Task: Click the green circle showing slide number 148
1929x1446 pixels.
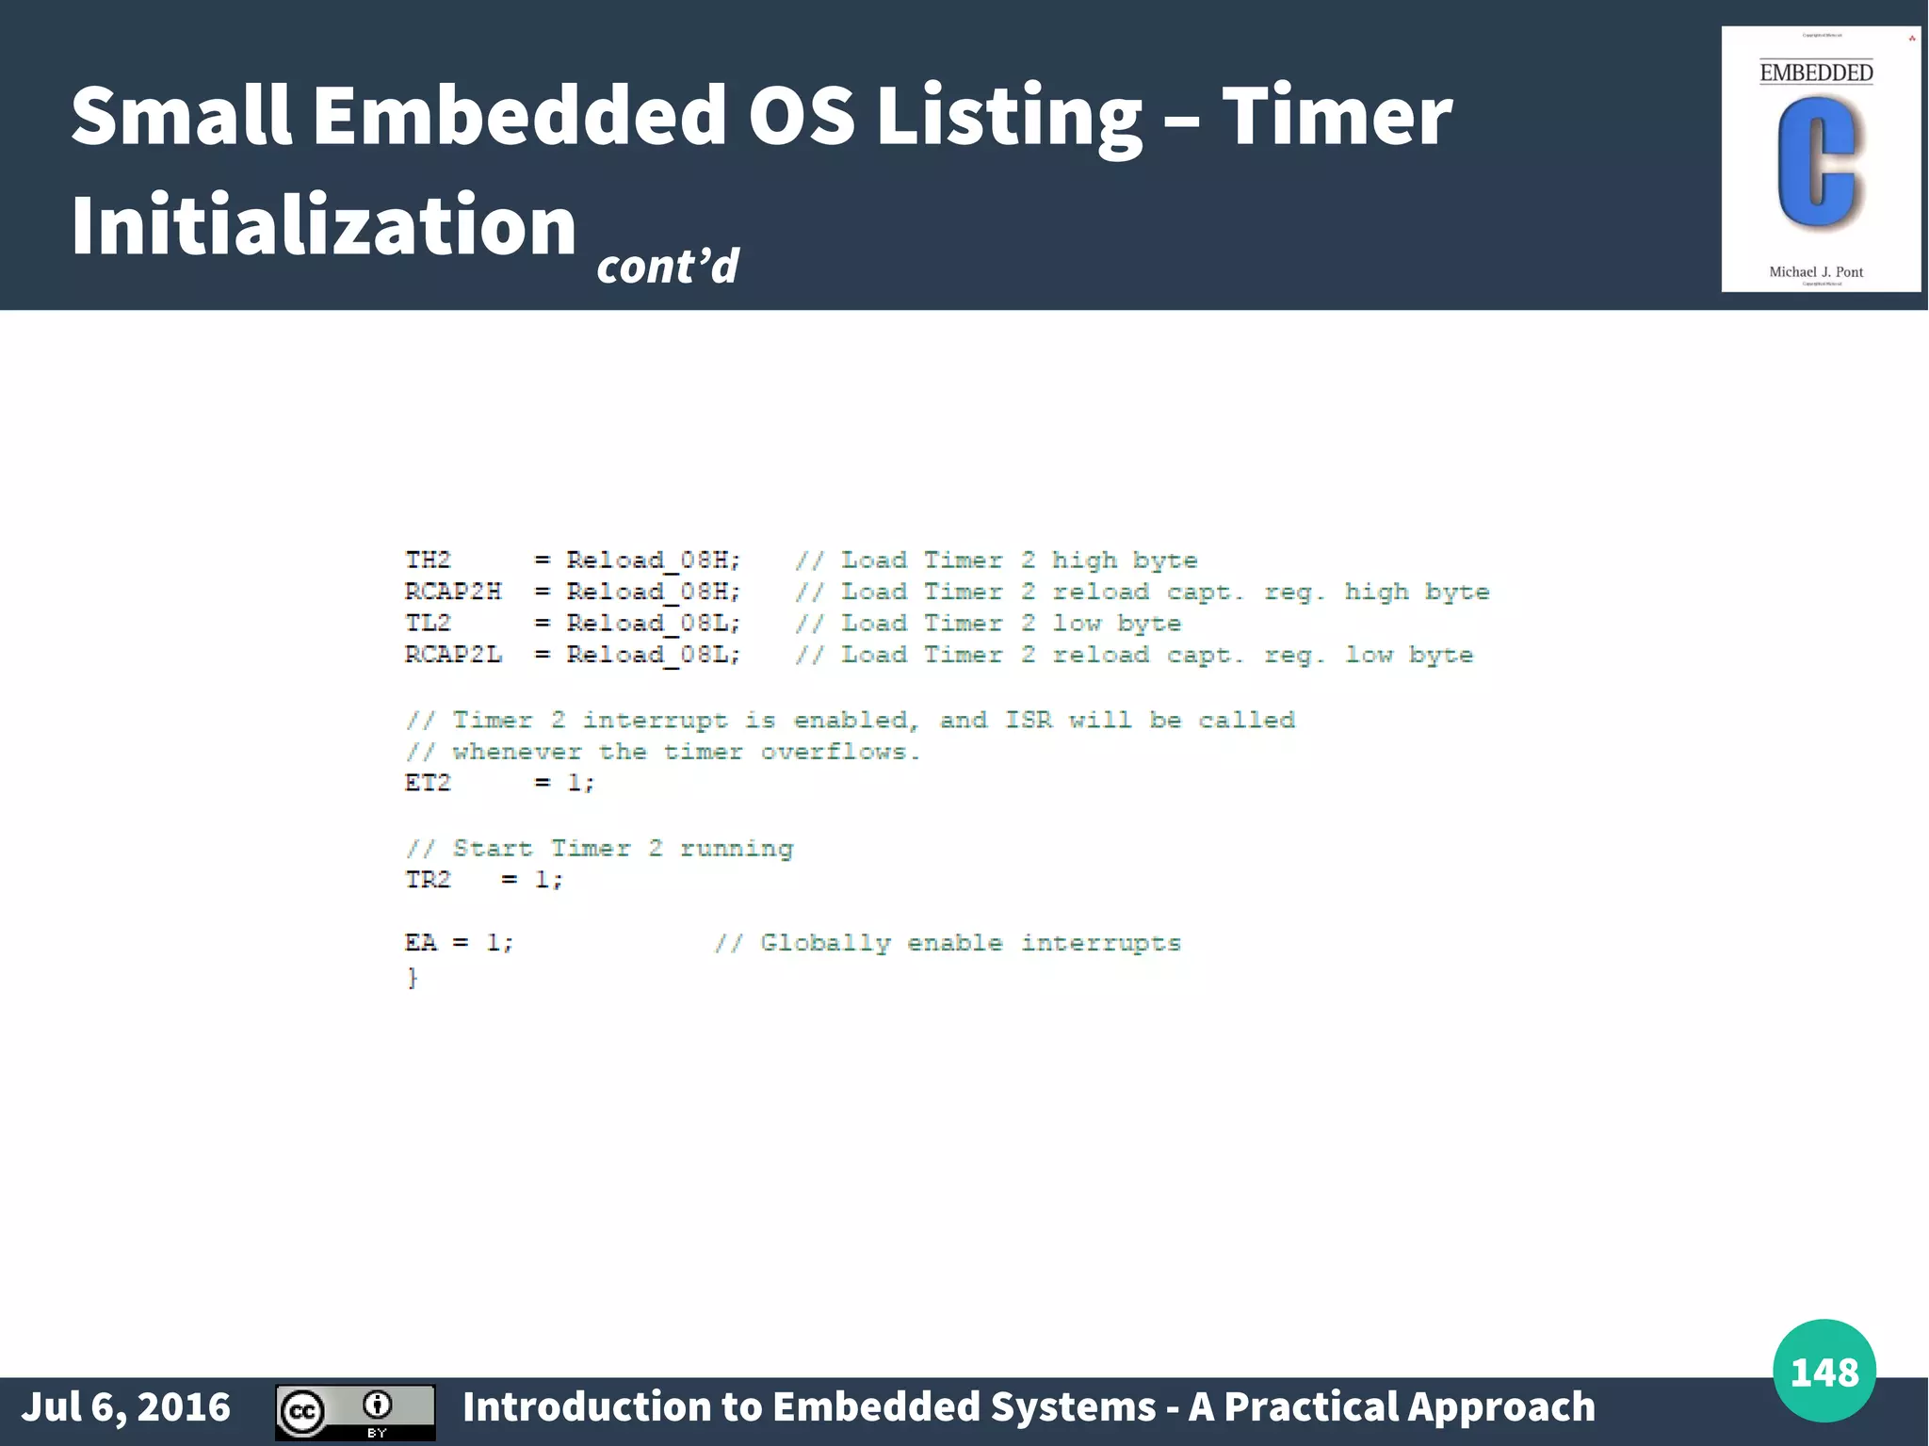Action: click(1824, 1371)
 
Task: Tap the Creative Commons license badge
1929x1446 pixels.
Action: click(355, 1412)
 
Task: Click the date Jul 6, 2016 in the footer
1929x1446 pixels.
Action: click(125, 1406)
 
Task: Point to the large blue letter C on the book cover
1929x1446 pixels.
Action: click(1816, 164)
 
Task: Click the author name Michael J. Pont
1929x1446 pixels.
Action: click(1816, 272)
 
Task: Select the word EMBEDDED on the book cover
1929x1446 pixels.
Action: click(1816, 73)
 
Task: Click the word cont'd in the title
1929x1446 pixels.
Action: click(668, 266)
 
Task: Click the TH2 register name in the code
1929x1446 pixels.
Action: click(428, 561)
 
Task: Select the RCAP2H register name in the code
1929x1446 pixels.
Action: click(453, 592)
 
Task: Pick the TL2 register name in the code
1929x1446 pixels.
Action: click(428, 624)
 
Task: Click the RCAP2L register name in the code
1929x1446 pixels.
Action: click(453, 655)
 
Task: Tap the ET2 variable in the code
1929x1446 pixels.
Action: click(428, 783)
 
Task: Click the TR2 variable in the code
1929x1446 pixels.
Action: click(428, 880)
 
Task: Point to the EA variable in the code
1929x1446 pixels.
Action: click(420, 943)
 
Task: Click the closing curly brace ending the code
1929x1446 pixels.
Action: click(412, 978)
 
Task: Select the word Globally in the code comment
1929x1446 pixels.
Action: click(825, 944)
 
